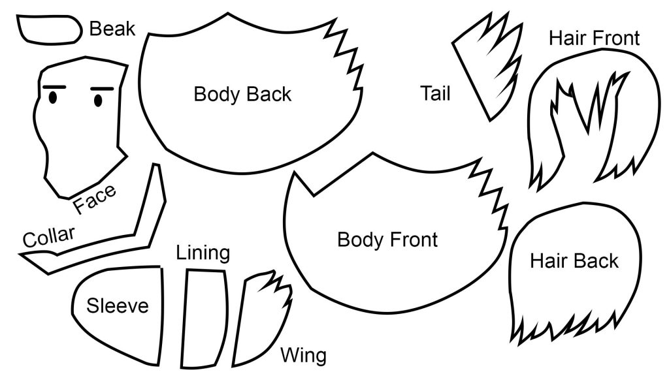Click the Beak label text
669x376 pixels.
112,29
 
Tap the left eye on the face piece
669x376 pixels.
53,98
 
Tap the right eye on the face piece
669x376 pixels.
98,100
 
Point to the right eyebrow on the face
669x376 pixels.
103,89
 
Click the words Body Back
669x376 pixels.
242,94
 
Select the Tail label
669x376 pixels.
435,93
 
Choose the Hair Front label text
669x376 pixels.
594,38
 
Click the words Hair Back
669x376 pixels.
574,261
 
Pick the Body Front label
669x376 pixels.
387,240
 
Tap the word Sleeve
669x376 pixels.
118,305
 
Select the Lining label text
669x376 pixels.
203,253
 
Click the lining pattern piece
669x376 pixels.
205,317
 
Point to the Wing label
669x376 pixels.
303,356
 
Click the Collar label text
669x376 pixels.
49,236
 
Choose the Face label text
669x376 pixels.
95,200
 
